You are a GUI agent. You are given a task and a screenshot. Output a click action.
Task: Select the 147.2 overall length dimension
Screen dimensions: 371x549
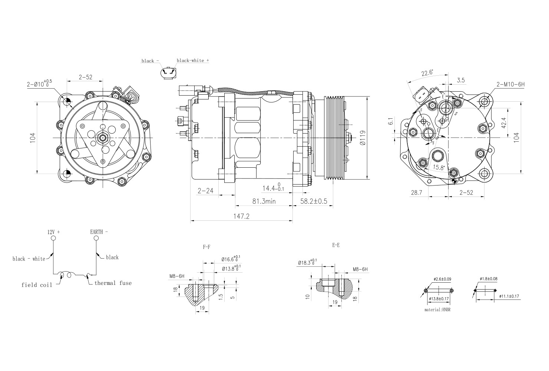[x=242, y=216]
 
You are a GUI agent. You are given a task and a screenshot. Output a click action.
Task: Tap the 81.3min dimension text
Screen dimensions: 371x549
[x=264, y=201]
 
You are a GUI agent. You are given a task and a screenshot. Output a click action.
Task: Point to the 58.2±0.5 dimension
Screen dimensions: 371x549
[x=314, y=201]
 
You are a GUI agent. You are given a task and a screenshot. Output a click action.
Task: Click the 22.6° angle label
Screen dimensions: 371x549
[x=427, y=73]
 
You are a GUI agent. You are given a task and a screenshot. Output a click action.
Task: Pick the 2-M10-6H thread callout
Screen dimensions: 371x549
[x=510, y=85]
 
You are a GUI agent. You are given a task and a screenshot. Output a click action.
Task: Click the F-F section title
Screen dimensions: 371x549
[x=206, y=246]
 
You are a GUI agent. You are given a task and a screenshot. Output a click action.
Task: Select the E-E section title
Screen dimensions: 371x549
[x=336, y=245]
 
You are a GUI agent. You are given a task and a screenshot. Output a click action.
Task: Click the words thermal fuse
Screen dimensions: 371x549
[x=113, y=283]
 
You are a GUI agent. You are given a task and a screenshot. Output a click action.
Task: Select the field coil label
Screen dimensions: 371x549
[x=34, y=285]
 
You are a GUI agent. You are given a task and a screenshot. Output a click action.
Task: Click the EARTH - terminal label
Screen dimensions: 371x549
[x=99, y=232]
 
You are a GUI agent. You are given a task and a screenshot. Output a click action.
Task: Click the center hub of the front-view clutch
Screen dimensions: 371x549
[x=102, y=138]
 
